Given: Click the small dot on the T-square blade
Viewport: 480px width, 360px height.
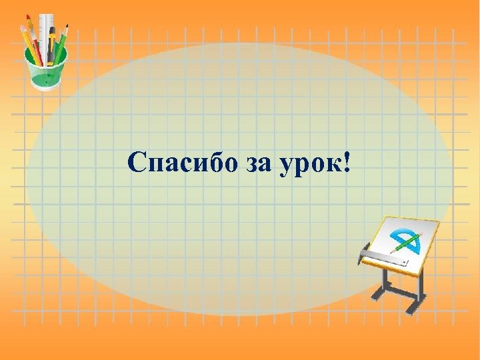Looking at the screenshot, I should point(405,262).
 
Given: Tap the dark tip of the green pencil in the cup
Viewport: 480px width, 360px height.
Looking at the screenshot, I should point(67,27).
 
